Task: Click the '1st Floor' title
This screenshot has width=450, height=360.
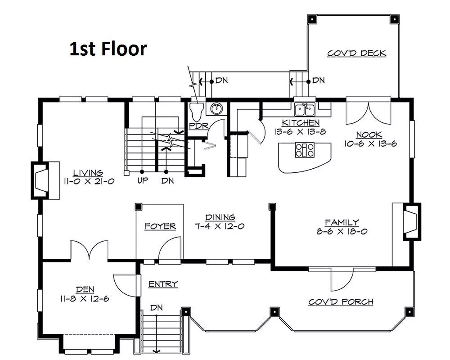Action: (x=108, y=49)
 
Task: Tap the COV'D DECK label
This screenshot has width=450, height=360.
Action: (x=356, y=54)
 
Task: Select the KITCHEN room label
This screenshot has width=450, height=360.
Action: (x=301, y=122)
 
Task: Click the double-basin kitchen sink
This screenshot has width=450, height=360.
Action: (x=305, y=109)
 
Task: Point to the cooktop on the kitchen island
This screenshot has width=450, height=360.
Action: (x=305, y=150)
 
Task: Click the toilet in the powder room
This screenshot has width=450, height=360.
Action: (x=197, y=112)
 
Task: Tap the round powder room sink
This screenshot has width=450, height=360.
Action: (x=217, y=108)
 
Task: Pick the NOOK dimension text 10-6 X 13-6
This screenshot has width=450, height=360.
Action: (x=370, y=144)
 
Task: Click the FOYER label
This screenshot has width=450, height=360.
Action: (x=160, y=226)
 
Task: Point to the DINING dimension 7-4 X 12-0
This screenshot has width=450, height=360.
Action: (x=220, y=226)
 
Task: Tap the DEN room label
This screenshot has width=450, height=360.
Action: (x=85, y=290)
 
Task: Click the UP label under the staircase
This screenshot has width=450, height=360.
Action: (x=143, y=180)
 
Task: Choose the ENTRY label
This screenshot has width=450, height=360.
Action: (x=163, y=284)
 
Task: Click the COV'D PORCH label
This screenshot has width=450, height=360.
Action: (x=341, y=302)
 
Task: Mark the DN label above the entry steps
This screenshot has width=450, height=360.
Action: (x=157, y=308)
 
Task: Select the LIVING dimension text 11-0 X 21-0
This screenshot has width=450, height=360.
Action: (x=89, y=181)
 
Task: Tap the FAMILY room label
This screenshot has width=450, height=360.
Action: (x=342, y=222)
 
